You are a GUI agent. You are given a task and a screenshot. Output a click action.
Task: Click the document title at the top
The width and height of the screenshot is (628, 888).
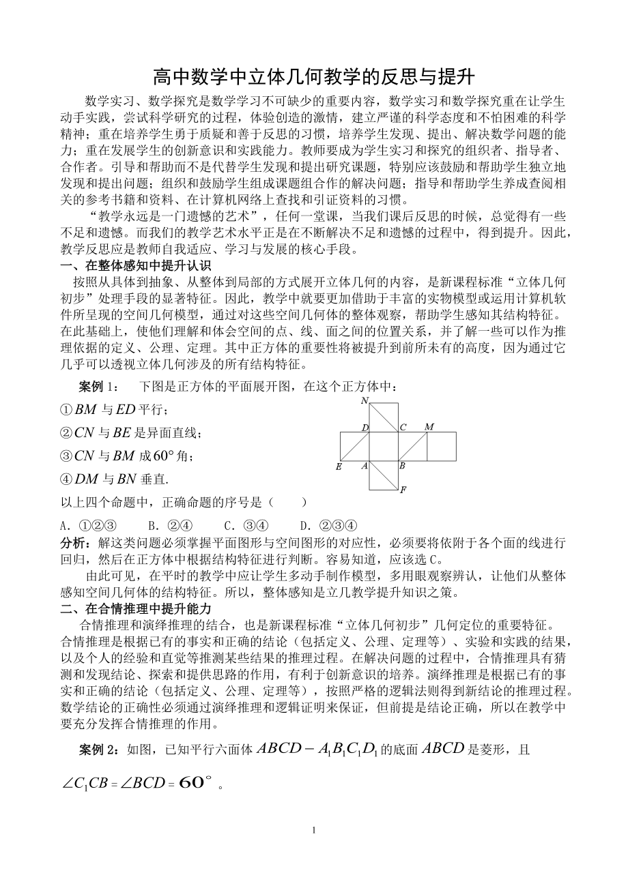[x=313, y=74]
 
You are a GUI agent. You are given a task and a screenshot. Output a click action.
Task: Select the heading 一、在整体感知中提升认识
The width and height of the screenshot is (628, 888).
[x=136, y=265]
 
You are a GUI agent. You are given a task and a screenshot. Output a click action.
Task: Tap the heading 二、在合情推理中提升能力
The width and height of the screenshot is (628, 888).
[x=136, y=608]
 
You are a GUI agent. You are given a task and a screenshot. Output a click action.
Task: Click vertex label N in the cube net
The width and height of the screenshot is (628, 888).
[x=365, y=400]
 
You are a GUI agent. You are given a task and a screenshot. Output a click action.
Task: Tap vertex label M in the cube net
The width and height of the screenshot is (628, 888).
[x=429, y=427]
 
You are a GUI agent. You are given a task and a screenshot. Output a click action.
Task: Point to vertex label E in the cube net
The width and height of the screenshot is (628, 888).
[x=339, y=467]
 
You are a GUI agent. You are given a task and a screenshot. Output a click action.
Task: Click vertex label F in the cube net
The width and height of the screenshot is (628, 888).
[x=403, y=490]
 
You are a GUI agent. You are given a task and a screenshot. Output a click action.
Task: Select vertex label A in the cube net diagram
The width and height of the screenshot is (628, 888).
[x=364, y=467]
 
